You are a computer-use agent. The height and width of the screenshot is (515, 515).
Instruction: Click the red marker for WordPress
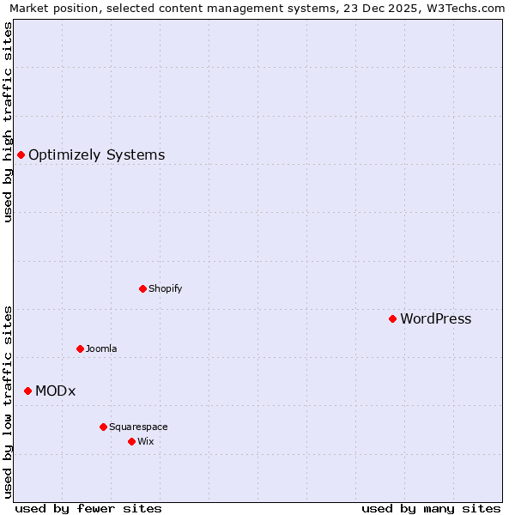pyautogui.click(x=392, y=318)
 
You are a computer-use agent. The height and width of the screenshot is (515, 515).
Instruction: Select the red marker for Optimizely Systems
pyautogui.click(x=21, y=154)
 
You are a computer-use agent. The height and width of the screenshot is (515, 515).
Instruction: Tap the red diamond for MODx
pyautogui.click(x=27, y=391)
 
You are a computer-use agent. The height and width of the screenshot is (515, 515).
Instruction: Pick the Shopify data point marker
pyautogui.click(x=142, y=288)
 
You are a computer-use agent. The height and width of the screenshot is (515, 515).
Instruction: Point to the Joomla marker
pyautogui.click(x=80, y=348)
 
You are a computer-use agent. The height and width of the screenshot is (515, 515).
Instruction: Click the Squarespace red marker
pyautogui.click(x=103, y=427)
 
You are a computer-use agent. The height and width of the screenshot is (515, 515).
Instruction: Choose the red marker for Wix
pyautogui.click(x=131, y=441)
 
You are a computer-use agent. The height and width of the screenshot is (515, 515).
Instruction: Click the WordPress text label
pyautogui.click(x=435, y=319)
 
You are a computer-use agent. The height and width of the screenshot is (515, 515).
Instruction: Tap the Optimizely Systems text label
pyautogui.click(x=96, y=155)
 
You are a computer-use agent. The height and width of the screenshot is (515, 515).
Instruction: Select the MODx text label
pyautogui.click(x=55, y=391)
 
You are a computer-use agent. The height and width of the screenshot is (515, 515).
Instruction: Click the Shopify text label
pyautogui.click(x=165, y=289)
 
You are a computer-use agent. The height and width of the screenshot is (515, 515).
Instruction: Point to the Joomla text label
pyautogui.click(x=101, y=349)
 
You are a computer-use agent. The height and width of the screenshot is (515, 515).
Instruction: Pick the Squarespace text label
pyautogui.click(x=138, y=427)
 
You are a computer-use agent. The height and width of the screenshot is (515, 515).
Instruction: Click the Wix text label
pyautogui.click(x=145, y=442)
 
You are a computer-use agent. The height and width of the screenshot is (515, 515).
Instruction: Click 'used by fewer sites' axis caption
pyautogui.click(x=88, y=509)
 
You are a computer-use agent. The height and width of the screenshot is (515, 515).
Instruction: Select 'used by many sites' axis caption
pyautogui.click(x=431, y=509)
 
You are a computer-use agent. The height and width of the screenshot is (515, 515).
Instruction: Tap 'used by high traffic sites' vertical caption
pyautogui.click(x=8, y=122)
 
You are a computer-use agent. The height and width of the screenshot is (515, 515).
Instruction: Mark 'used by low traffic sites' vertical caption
pyautogui.click(x=8, y=402)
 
